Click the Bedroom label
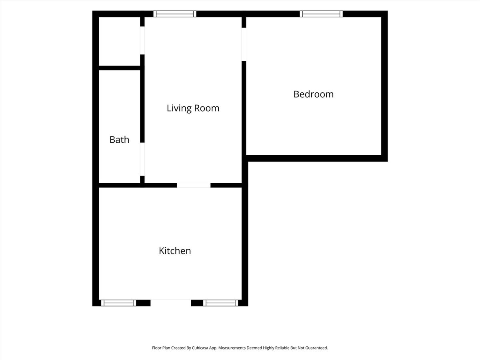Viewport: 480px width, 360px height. coord(313,94)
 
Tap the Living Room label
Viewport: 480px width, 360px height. coord(193,108)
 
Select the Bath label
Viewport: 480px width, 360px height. coord(119,140)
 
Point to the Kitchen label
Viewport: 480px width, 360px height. coord(175,251)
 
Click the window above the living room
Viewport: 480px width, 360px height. coord(175,14)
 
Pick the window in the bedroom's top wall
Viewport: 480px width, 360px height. coord(321,14)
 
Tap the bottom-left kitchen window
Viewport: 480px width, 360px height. coord(118,303)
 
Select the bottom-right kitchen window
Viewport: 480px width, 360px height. coord(220,303)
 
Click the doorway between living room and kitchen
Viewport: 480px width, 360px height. coord(194,185)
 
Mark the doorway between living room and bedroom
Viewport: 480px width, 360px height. coord(244,44)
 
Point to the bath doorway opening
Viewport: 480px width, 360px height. coord(142,159)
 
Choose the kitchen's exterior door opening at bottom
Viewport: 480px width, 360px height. coord(171,303)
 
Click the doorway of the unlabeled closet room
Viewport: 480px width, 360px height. coord(142,40)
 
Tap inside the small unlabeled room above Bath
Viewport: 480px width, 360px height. coord(119,41)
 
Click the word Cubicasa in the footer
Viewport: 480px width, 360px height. coord(200,348)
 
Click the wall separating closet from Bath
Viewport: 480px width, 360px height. coord(119,68)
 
